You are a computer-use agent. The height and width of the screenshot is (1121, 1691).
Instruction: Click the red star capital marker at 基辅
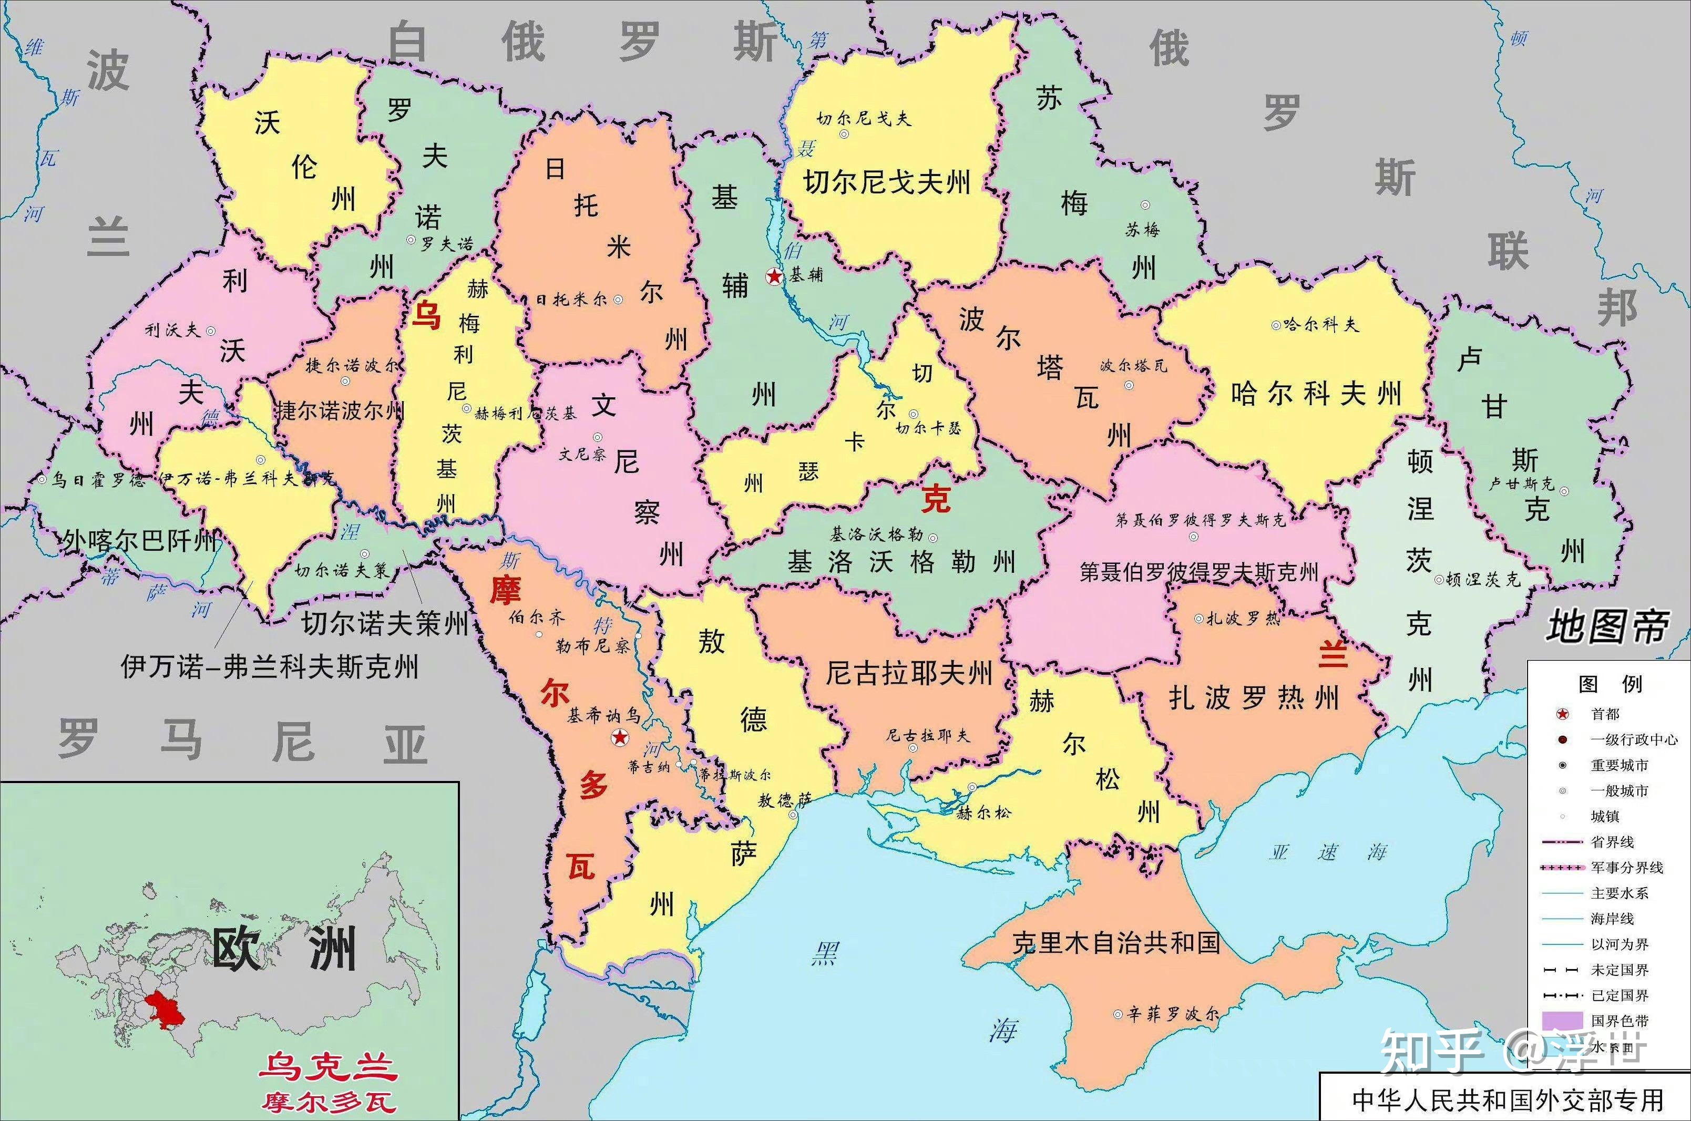coord(774,276)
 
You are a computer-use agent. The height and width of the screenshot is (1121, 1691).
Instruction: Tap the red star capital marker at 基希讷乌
coord(620,737)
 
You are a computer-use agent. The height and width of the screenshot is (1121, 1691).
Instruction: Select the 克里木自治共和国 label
coord(1115,943)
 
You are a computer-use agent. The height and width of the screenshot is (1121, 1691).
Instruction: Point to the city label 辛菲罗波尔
coord(1173,1014)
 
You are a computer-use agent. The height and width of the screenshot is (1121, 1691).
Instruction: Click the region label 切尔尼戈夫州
coord(887,182)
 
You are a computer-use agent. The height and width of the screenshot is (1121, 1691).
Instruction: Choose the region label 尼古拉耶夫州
coord(909,673)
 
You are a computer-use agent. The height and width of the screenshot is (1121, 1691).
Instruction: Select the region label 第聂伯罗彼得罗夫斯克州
coord(1198,572)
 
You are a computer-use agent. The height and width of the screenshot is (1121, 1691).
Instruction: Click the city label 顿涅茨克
coord(1482,579)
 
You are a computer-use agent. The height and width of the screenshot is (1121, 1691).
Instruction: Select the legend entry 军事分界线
coord(1627,868)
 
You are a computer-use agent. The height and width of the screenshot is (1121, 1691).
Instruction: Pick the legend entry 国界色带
coord(1619,1021)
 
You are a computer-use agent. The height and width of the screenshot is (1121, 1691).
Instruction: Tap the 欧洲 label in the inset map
coord(284,950)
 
